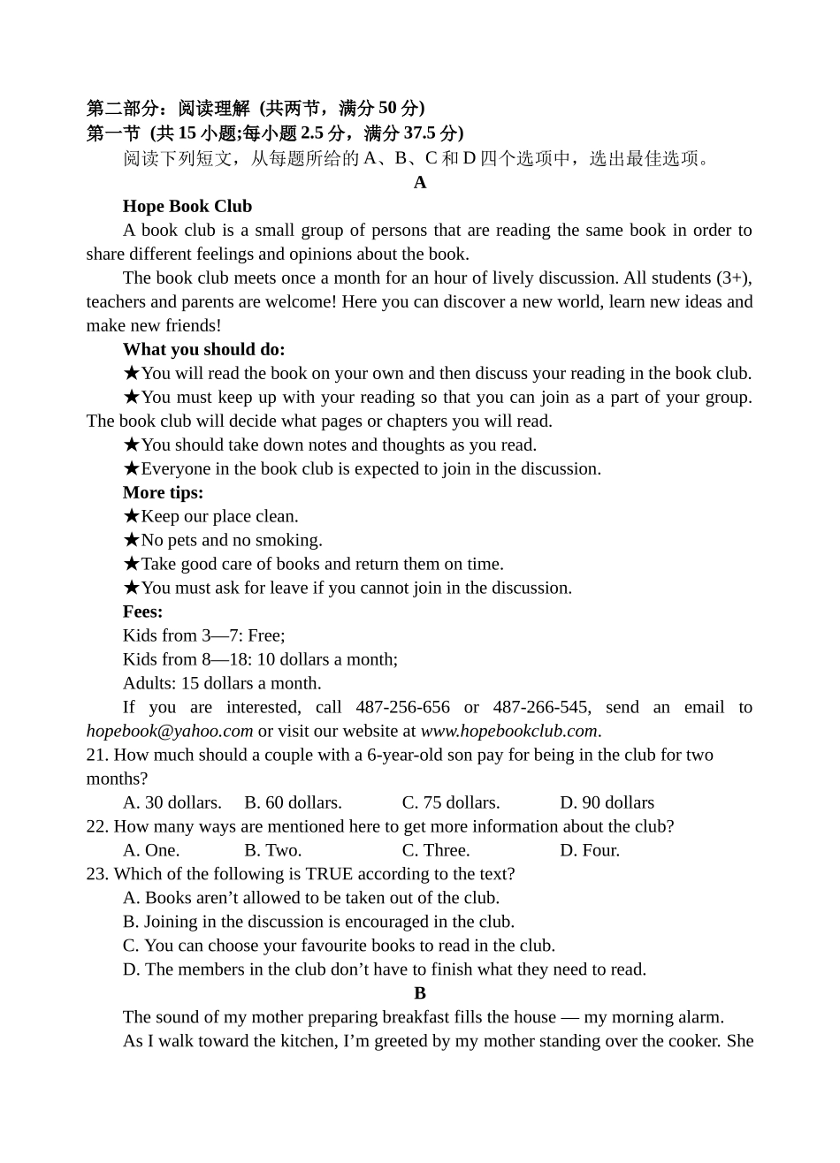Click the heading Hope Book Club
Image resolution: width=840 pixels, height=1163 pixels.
[x=187, y=206]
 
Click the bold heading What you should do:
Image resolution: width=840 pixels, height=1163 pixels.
[x=203, y=349]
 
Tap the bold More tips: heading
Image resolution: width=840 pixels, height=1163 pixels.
[x=163, y=492]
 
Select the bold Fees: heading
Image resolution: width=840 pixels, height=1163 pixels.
[x=142, y=612]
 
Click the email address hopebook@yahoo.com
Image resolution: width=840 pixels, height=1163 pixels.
[x=170, y=731]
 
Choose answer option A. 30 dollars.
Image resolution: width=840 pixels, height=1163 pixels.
[x=172, y=802]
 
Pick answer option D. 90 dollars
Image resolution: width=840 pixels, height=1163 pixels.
[x=607, y=802]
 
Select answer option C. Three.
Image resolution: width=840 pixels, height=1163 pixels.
[x=436, y=850]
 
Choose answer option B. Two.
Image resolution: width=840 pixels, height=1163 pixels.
[x=272, y=850]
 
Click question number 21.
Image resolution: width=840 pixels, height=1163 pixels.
[x=97, y=755]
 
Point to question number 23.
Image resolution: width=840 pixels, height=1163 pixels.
[x=97, y=874]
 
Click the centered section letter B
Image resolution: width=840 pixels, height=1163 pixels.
[x=420, y=993]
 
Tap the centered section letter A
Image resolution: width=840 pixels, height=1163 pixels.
[x=420, y=182]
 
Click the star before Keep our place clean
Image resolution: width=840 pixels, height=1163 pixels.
[x=132, y=516]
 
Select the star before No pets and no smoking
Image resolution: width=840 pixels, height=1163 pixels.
[x=132, y=540]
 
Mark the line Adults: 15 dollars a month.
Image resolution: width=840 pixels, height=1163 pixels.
[x=222, y=683]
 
